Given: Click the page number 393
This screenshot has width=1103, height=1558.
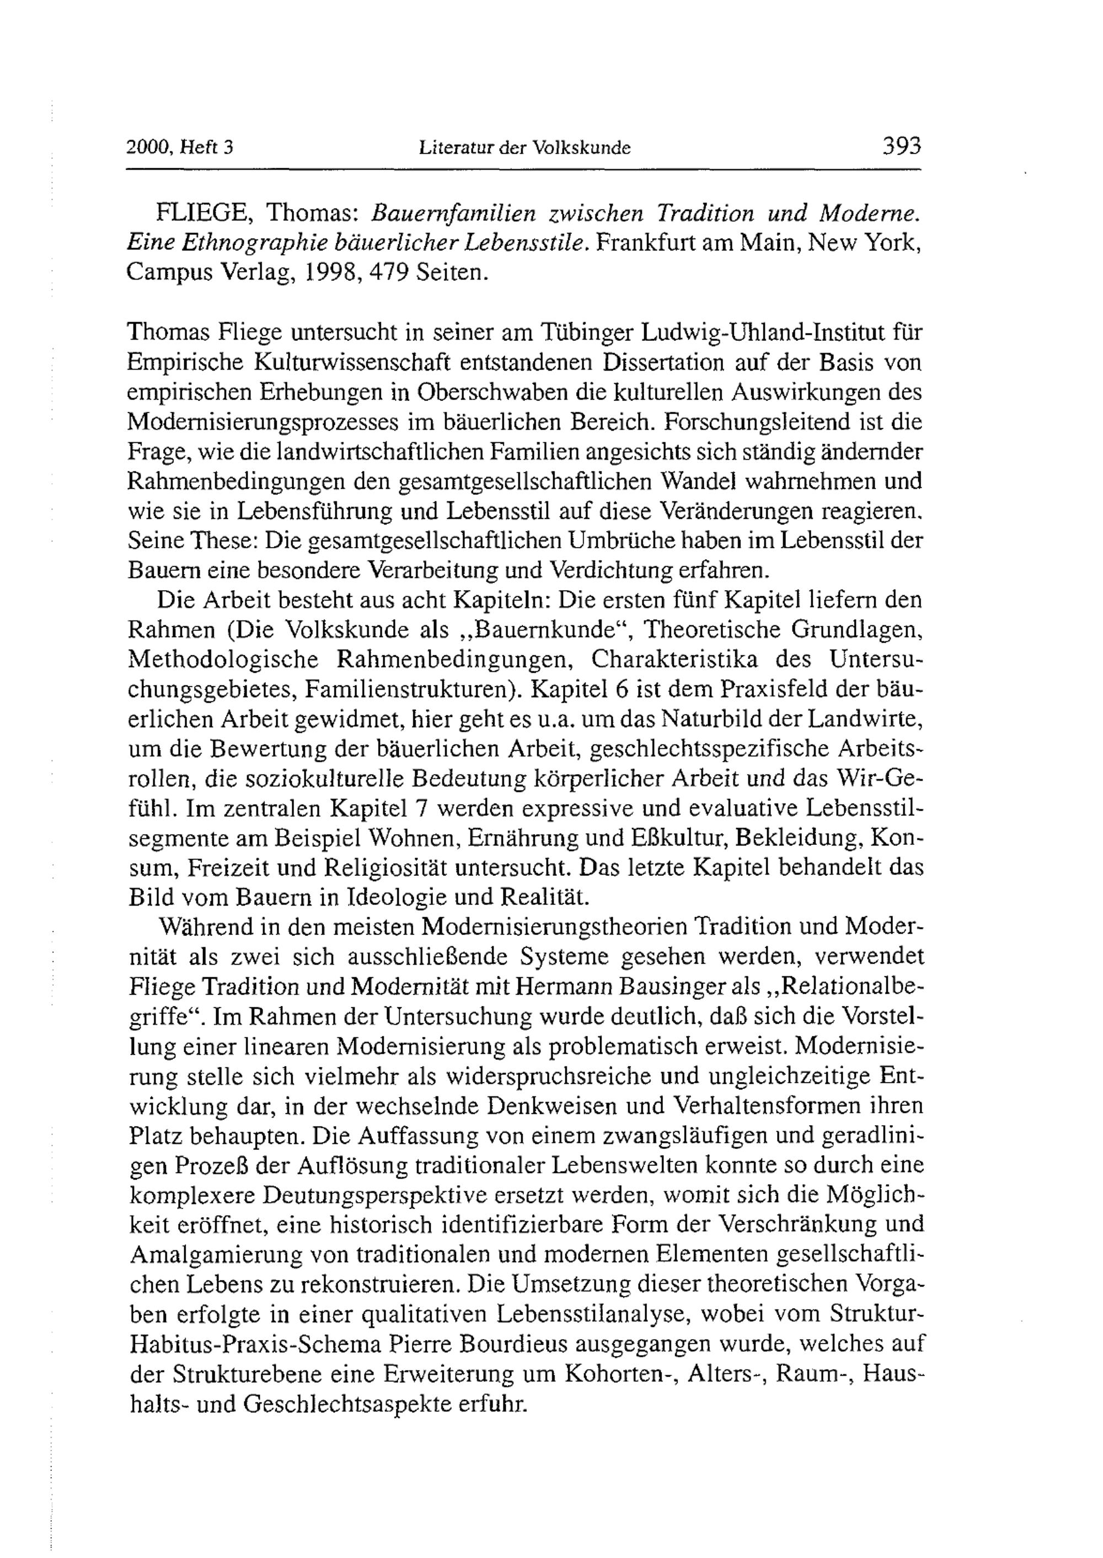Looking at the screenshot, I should pos(901,146).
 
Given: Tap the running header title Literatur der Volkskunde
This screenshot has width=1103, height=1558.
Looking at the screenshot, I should pos(525,147).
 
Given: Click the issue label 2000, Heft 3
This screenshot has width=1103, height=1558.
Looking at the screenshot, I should pos(180,147).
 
